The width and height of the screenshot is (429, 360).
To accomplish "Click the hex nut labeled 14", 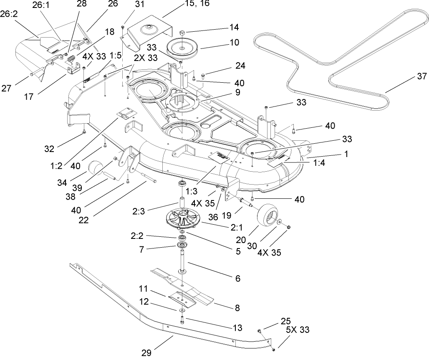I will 182,32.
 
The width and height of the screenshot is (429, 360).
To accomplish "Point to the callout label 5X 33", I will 297,330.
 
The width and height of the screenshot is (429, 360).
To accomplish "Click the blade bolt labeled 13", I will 183,321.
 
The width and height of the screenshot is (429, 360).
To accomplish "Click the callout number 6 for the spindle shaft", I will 238,278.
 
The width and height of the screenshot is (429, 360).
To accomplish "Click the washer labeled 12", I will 183,310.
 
